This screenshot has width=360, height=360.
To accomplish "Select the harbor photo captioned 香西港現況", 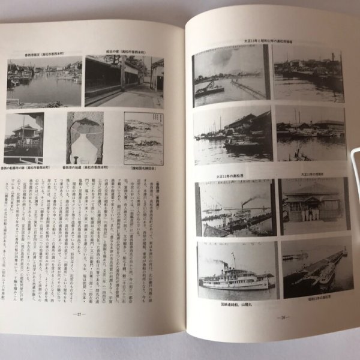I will (44, 82).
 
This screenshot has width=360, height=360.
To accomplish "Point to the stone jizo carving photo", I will (85, 137).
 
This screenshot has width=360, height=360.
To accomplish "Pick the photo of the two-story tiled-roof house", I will (24, 138).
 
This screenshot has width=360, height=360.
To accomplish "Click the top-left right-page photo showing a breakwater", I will (229, 75).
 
